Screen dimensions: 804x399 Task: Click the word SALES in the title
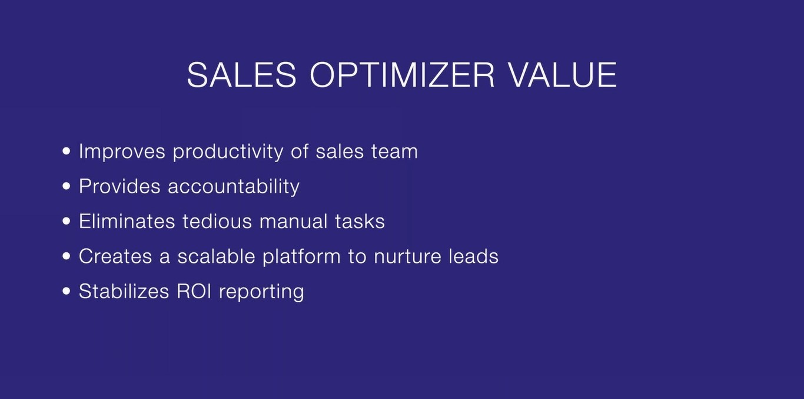coord(242,75)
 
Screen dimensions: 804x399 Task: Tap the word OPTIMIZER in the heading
coord(403,75)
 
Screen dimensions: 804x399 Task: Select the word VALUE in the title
coord(563,75)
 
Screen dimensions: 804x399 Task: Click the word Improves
coord(122,151)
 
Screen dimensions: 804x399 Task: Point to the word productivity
coord(228,151)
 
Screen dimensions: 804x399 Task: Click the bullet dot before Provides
coord(67,186)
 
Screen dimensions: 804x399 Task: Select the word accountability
coord(234,187)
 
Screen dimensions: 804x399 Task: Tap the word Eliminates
coord(127,221)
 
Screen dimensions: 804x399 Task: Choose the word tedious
coord(217,221)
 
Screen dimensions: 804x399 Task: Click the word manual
coord(294,221)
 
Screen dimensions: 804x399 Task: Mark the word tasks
coord(360,221)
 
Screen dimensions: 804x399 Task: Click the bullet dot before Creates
coord(67,256)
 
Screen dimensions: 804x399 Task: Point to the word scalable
coord(216,256)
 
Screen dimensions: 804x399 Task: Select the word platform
coord(301,257)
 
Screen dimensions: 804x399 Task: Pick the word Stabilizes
coord(124,291)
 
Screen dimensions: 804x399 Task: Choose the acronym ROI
coord(194,291)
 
